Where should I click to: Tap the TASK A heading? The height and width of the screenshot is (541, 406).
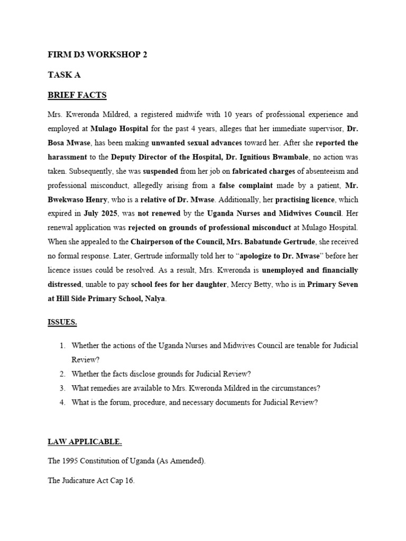pos(64,75)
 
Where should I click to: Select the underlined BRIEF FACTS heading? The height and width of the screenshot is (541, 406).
pos(77,95)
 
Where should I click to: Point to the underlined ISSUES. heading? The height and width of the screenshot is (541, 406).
pos(63,321)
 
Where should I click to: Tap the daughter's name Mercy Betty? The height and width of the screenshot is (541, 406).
pos(251,284)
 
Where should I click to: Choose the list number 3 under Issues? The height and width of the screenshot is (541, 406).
pos(62,388)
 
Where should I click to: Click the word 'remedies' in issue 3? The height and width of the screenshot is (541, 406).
pos(105,388)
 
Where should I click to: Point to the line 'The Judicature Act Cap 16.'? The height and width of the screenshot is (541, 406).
pos(91,481)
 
